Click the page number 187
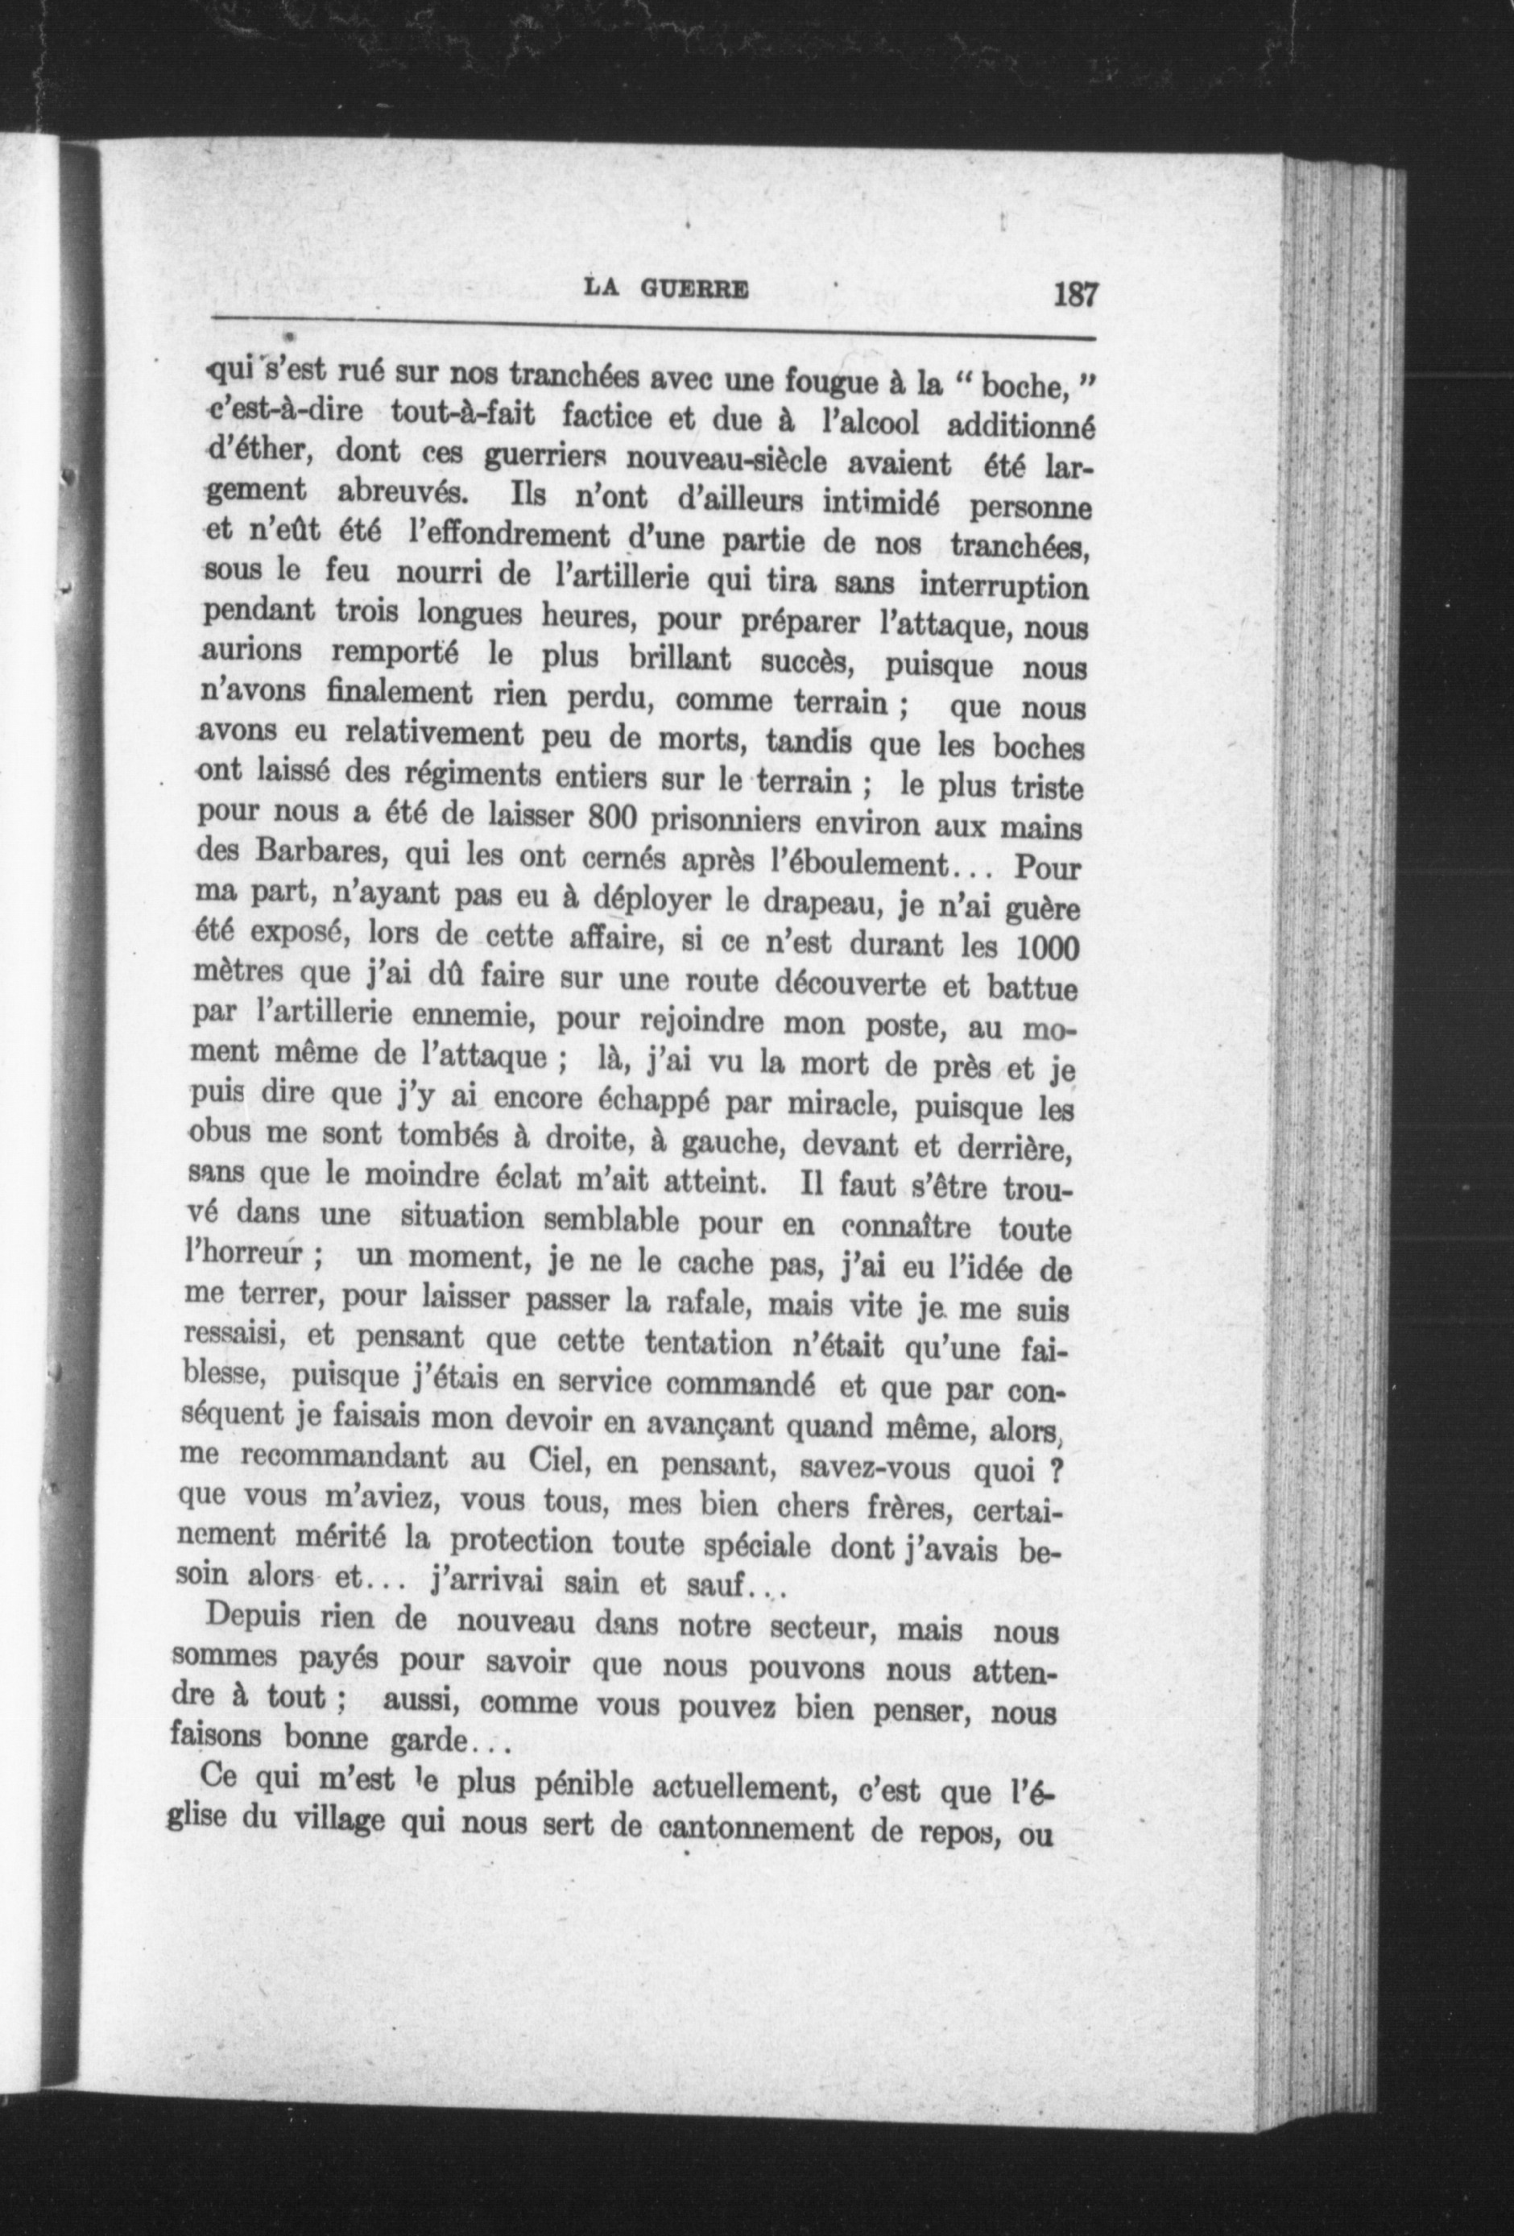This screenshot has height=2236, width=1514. [1074, 292]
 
